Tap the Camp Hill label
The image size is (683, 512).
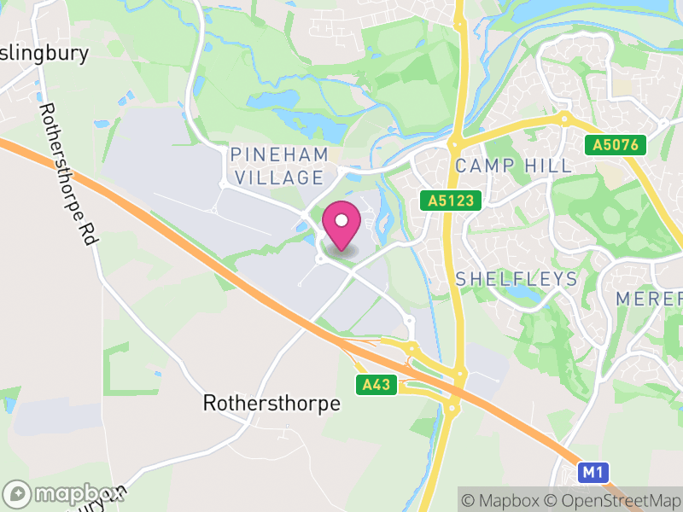[x=513, y=166]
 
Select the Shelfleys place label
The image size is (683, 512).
[x=517, y=279]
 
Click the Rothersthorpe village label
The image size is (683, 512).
[x=271, y=403]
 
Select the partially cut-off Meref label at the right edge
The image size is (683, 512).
[x=650, y=300]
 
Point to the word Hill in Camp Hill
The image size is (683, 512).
[x=547, y=166]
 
